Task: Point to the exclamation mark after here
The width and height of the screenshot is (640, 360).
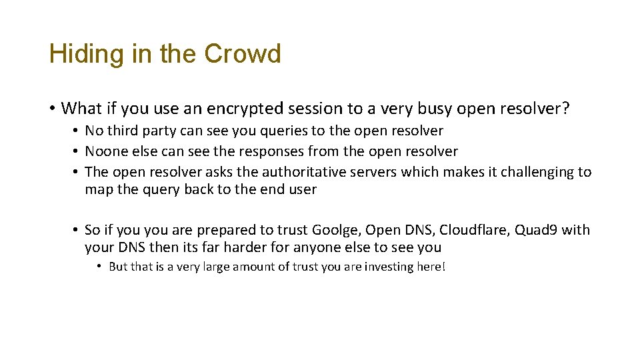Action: pyautogui.click(x=443, y=267)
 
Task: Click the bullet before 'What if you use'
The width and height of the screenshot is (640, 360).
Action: pyautogui.click(x=51, y=108)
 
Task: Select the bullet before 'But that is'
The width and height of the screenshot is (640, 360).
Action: pyautogui.click(x=98, y=267)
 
